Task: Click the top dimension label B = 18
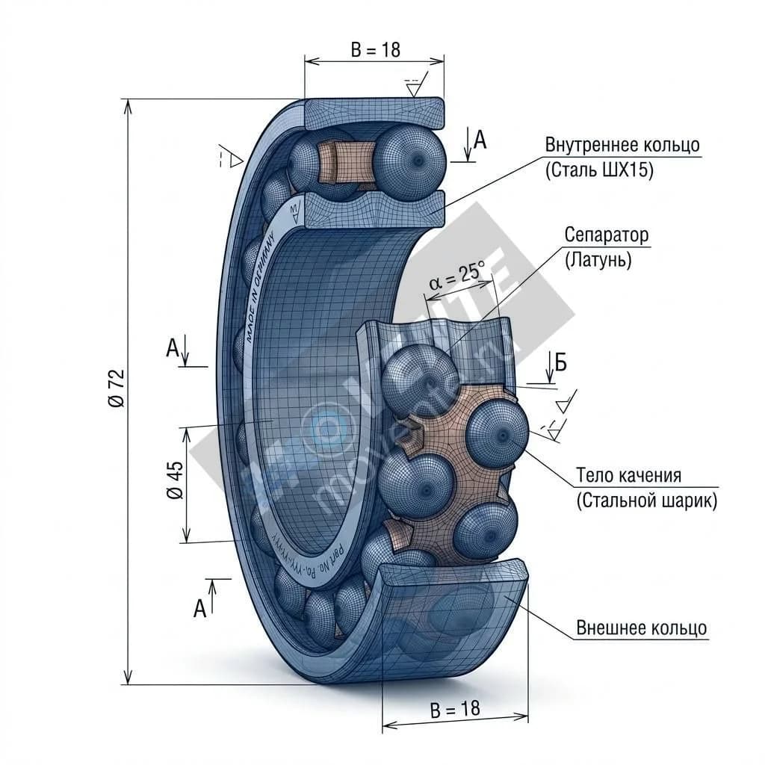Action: click(x=375, y=50)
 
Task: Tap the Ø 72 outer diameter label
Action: click(x=117, y=388)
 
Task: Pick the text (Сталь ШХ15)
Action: click(x=599, y=170)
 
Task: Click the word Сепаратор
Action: click(x=607, y=235)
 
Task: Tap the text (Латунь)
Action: click(x=598, y=260)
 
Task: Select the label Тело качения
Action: click(x=628, y=476)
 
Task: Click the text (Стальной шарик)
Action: click(x=647, y=501)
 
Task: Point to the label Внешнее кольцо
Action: click(x=641, y=628)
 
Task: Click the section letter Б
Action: click(x=560, y=363)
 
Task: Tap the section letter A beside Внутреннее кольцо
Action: click(x=480, y=140)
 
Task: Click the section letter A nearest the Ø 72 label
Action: click(x=173, y=347)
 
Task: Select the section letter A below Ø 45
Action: click(x=199, y=609)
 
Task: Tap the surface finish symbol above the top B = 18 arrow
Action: click(x=413, y=84)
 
